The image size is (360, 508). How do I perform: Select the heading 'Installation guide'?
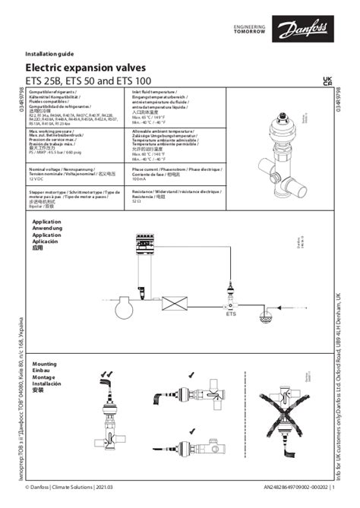click(x=51, y=55)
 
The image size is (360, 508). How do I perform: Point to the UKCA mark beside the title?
click(x=327, y=80)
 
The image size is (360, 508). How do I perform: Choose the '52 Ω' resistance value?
click(x=128, y=205)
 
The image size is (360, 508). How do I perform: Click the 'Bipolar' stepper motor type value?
click(x=38, y=205)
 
